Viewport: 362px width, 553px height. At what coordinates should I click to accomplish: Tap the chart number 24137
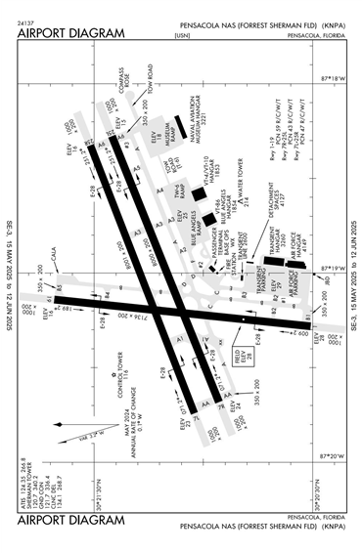coord(28,21)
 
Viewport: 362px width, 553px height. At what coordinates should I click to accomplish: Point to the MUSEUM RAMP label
coord(170,148)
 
